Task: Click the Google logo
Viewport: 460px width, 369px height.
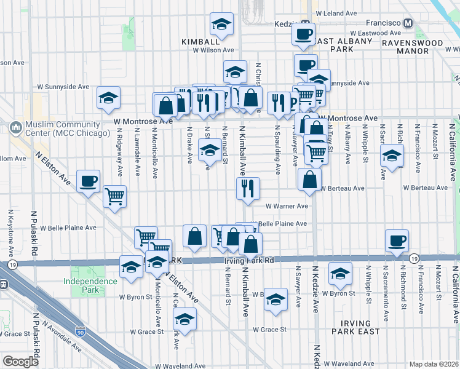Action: [21, 362]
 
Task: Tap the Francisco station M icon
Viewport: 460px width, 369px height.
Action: [408, 23]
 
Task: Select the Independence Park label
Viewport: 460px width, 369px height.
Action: [90, 285]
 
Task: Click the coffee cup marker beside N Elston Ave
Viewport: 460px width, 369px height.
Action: [89, 181]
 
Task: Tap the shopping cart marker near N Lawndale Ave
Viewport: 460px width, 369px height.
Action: [114, 197]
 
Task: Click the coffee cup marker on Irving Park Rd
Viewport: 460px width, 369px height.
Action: [397, 240]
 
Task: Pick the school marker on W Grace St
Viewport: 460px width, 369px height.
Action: [184, 319]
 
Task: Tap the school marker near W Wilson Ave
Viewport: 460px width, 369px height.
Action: [221, 25]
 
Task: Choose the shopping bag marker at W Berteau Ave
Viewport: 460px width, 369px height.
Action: [309, 180]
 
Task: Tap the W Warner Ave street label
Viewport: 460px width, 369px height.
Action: [287, 207]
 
